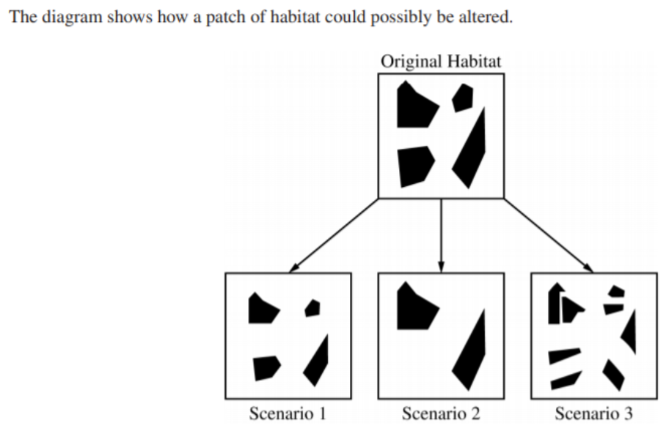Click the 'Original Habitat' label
point(440,62)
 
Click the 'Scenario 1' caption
point(288,413)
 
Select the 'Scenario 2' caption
point(441,413)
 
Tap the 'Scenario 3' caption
point(593,413)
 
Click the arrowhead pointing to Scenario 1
point(293,269)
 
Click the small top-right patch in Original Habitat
point(462,97)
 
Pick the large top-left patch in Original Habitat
point(414,106)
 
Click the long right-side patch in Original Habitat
point(472,150)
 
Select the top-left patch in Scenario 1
point(261,309)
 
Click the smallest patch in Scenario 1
point(313,308)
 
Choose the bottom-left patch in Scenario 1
point(266,367)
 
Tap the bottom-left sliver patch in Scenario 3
point(565,380)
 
